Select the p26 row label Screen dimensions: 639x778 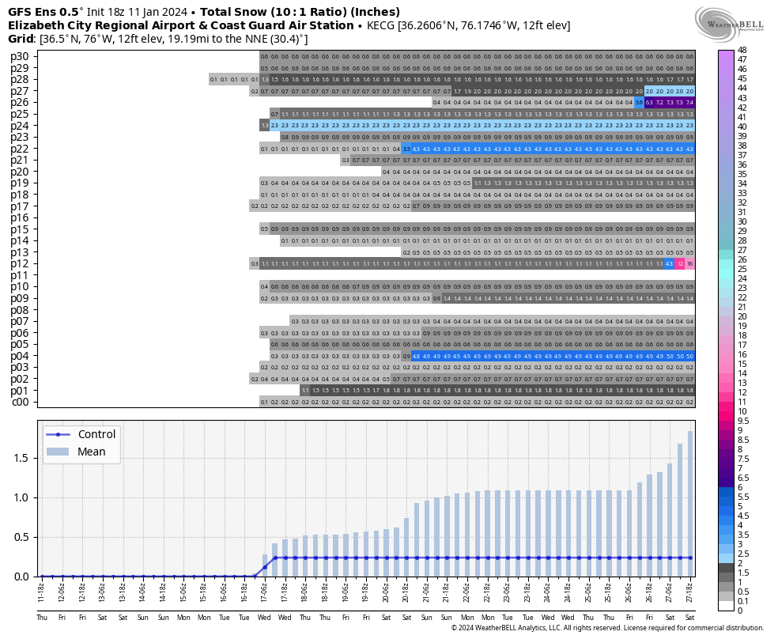(x=19, y=102)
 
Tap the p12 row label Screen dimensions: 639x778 (x=19, y=263)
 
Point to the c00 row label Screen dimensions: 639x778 (x=19, y=402)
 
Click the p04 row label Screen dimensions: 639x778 (x=19, y=356)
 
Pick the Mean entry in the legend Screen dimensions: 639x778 (x=91, y=452)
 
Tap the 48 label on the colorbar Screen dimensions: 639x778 (x=742, y=50)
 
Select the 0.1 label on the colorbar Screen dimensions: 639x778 (x=742, y=601)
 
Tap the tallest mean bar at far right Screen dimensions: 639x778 (x=690, y=506)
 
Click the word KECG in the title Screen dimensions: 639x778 (x=380, y=25)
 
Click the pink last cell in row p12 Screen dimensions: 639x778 (x=690, y=263)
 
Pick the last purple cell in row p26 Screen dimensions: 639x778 (x=690, y=102)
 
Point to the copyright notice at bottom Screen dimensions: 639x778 (x=612, y=628)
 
